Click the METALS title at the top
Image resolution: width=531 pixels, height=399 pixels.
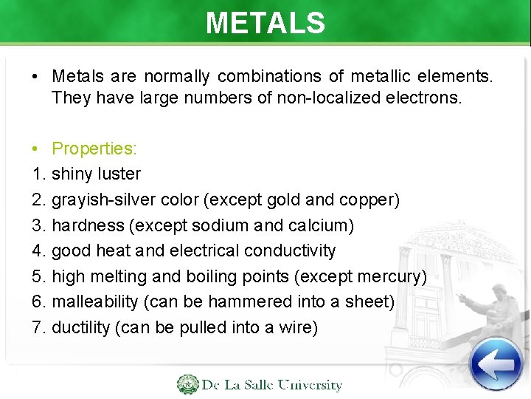point(265,23)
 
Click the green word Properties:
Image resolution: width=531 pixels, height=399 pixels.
point(94,149)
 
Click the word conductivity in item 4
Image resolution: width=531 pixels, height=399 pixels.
point(289,251)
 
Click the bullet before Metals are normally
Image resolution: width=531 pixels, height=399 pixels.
point(35,76)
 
